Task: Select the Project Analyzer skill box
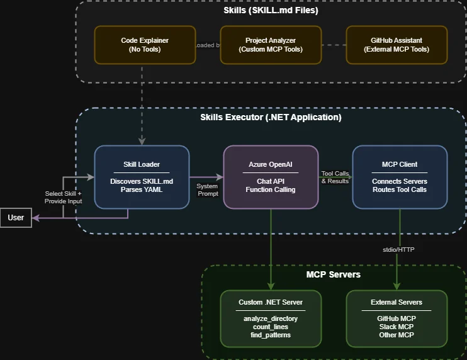pos(271,45)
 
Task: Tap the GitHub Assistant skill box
pos(397,45)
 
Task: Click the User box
pos(16,218)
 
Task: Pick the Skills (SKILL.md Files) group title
pos(271,11)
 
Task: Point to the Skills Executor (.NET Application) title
pos(271,117)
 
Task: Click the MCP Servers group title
pos(333,274)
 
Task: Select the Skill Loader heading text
pos(142,165)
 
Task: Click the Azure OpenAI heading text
pos(271,165)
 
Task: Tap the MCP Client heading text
pos(400,165)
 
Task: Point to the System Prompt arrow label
pos(207,189)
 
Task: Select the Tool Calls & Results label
pos(335,177)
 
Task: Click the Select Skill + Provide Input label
pos(63,197)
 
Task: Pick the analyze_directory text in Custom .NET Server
pos(271,318)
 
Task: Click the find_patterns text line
pos(271,335)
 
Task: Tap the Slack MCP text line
pos(397,327)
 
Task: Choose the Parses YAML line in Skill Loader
pos(142,189)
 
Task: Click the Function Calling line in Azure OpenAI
pos(271,189)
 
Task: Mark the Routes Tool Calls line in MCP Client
pos(400,189)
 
